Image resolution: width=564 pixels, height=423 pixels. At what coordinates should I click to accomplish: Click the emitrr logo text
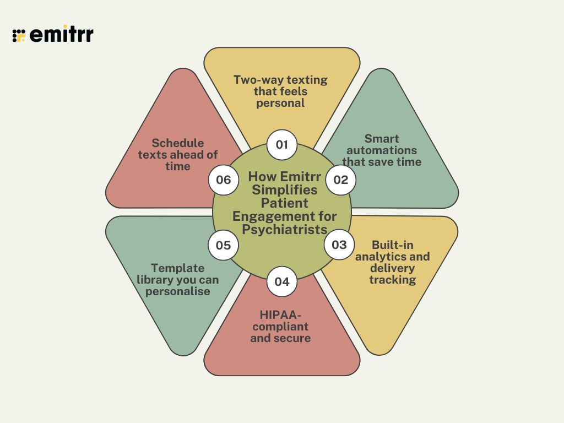(x=61, y=35)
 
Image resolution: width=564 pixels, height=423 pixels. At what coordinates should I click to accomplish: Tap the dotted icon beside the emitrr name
(x=19, y=35)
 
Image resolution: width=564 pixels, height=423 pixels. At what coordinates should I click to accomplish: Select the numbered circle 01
(x=282, y=145)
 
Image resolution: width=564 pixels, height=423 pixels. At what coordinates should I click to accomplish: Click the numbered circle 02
(x=341, y=180)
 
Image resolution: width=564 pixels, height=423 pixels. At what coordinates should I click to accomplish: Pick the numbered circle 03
(x=339, y=245)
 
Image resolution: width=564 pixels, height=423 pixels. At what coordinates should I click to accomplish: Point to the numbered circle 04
(x=281, y=281)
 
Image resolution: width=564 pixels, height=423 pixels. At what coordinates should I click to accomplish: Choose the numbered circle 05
(x=223, y=245)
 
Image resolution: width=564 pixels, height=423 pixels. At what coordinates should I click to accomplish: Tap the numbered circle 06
(x=223, y=180)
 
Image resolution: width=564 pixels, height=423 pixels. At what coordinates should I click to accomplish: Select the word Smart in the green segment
(x=382, y=138)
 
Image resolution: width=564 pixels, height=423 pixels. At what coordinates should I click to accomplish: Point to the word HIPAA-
(x=280, y=314)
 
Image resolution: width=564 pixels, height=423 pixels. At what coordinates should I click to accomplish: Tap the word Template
(x=177, y=268)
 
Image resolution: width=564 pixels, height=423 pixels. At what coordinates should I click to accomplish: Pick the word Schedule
(x=177, y=143)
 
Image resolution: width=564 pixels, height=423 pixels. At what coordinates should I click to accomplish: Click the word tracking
(x=393, y=280)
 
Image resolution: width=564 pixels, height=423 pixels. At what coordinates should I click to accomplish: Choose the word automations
(x=382, y=150)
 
